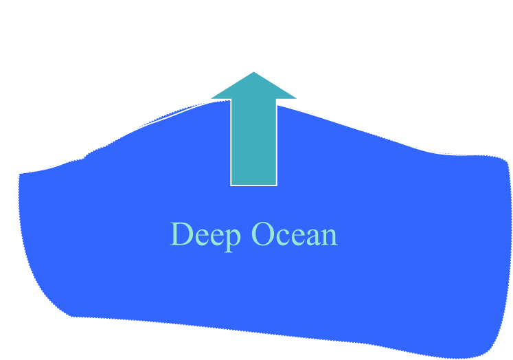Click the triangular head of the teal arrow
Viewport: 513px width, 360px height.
(254, 87)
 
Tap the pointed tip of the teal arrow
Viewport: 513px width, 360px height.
(254, 71)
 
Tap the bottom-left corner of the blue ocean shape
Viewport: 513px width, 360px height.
(72, 316)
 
